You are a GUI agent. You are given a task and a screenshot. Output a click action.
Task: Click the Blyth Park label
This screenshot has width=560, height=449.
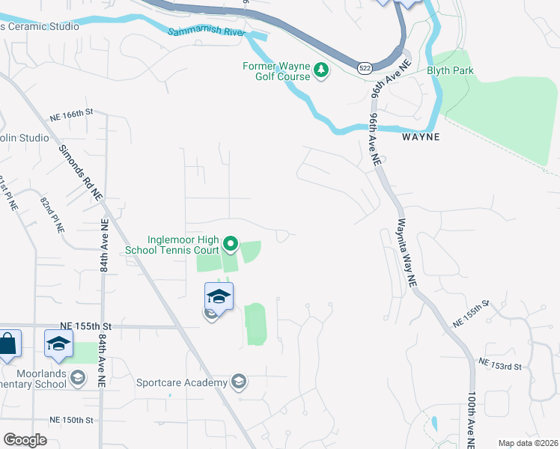click(x=451, y=71)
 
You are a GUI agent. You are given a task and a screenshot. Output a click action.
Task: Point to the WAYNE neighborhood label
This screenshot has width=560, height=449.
click(x=419, y=138)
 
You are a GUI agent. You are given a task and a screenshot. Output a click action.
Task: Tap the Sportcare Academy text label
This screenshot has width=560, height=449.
click(x=181, y=383)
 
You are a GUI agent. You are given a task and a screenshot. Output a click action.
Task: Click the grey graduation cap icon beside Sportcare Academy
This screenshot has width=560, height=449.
click(x=239, y=382)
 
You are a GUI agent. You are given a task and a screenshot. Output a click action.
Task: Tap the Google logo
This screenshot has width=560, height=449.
click(x=25, y=440)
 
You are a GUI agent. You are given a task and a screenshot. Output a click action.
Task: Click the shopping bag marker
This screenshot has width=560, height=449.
click(x=7, y=344)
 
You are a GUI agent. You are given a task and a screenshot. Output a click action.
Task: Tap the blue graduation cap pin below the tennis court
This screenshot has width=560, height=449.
click(x=219, y=296)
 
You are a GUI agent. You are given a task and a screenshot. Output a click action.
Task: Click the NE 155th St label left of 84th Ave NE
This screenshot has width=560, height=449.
click(x=85, y=326)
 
